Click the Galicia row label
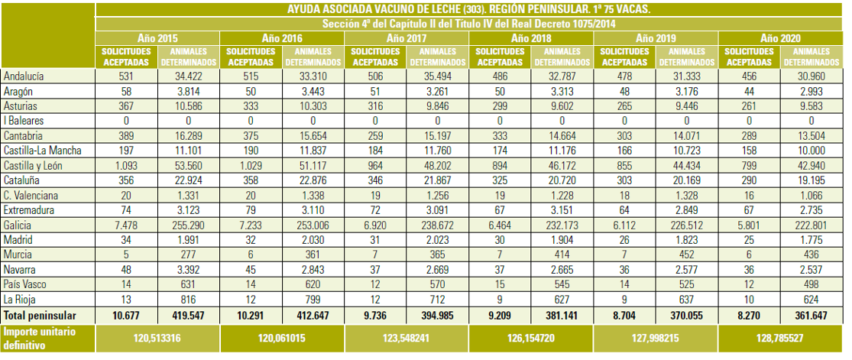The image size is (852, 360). (17, 225)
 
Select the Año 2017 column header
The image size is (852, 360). (407, 39)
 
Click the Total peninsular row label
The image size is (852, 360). (40, 316)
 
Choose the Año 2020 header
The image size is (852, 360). (781, 39)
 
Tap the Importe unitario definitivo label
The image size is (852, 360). (40, 338)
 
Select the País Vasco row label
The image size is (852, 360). (24, 284)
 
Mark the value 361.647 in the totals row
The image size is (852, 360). (812, 316)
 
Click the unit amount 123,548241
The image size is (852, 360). (407, 338)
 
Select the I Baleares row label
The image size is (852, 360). (24, 122)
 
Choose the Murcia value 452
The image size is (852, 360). (687, 255)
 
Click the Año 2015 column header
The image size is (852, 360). (157, 39)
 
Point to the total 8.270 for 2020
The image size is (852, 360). (750, 316)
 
